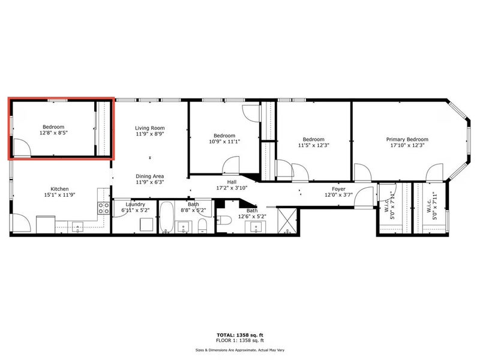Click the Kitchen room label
pyautogui.click(x=59, y=189)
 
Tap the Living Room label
pyautogui.click(x=149, y=128)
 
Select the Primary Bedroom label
pyautogui.click(x=407, y=139)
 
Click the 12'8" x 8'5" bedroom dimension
pyautogui.click(x=53, y=133)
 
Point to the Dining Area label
pyautogui.click(x=149, y=176)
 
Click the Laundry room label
pyautogui.click(x=136, y=204)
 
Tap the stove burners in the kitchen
pyautogui.click(x=104, y=208)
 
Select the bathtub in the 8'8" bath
pyautogui.click(x=167, y=217)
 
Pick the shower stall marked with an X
pyautogui.click(x=287, y=220)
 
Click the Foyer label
pyautogui.click(x=338, y=189)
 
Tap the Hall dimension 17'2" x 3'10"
pyautogui.click(x=232, y=188)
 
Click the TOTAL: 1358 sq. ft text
pyautogui.click(x=240, y=335)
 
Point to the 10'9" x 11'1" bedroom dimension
pyautogui.click(x=224, y=142)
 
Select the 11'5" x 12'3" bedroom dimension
pyautogui.click(x=313, y=145)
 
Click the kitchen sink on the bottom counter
pyautogui.click(x=78, y=227)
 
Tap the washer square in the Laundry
pyautogui.click(x=146, y=224)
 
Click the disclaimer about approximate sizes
pyautogui.click(x=240, y=350)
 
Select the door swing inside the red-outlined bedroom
pyautogui.click(x=22, y=148)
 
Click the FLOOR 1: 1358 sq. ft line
pyautogui.click(x=240, y=340)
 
